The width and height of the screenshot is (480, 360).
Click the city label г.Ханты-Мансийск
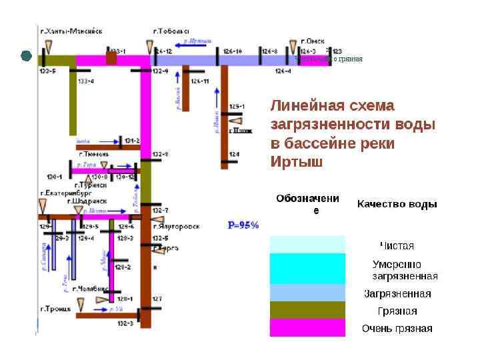pos(71,31)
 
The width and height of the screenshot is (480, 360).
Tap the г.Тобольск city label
pos(171,31)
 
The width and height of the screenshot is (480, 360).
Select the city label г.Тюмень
pos(93,154)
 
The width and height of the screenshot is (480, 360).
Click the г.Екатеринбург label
pos(64,193)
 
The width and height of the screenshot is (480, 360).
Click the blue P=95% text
pos(243,225)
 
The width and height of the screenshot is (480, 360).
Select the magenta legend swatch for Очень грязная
pos(307,328)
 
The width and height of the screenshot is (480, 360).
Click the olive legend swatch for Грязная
pos(307,311)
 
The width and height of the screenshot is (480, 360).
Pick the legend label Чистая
pos(397,246)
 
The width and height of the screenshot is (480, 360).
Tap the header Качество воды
pos(397,204)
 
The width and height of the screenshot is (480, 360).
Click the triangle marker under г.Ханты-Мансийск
pos(49,46)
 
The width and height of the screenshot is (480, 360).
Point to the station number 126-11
pos(200,81)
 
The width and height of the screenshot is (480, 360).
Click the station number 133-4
pos(86,81)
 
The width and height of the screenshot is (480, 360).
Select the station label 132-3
pos(125,323)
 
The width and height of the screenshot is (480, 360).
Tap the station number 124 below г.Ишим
pos(234,155)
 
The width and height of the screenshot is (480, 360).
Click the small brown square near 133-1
pos(111,59)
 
